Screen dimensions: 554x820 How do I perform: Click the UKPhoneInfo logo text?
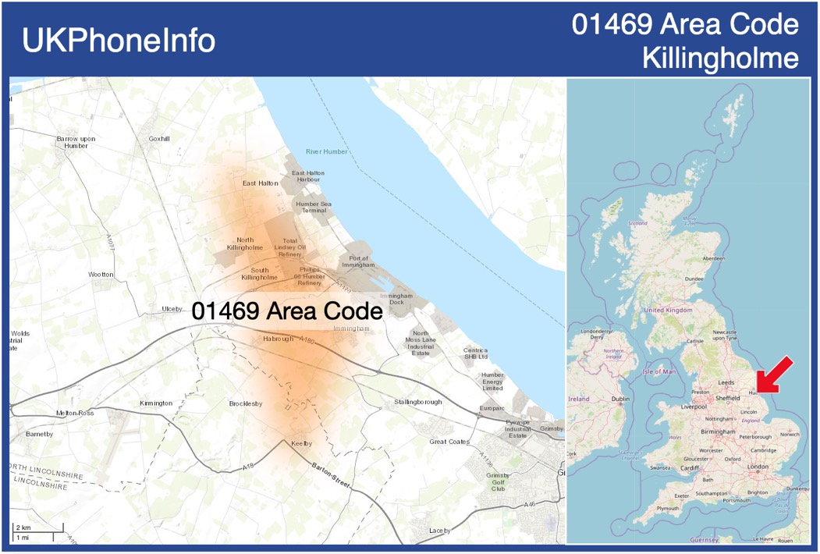(x=119, y=41)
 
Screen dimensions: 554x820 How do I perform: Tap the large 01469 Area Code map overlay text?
(x=287, y=311)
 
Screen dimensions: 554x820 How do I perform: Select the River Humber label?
(x=326, y=151)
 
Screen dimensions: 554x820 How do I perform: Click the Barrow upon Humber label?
(x=76, y=142)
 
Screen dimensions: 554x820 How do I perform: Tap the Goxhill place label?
(x=159, y=139)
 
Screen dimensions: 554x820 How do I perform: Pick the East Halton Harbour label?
(x=308, y=176)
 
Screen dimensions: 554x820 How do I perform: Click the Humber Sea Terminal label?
(x=313, y=207)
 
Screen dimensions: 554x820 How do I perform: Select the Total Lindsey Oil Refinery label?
(x=289, y=247)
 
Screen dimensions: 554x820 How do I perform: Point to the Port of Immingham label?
(x=359, y=261)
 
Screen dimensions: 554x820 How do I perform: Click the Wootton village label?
(x=101, y=275)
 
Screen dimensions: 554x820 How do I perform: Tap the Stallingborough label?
(x=418, y=403)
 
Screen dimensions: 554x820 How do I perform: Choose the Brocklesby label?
(x=246, y=403)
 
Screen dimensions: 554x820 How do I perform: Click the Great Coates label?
(x=449, y=442)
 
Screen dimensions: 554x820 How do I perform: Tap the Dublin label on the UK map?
(x=620, y=400)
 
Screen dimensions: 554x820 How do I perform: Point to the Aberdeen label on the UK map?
(x=713, y=258)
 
